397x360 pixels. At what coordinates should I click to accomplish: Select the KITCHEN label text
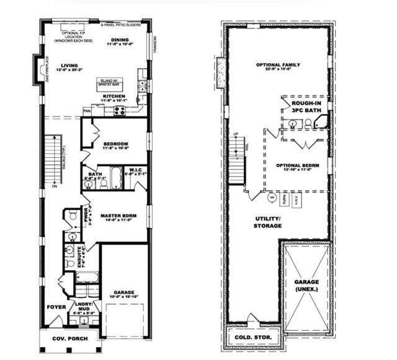click(x=115, y=97)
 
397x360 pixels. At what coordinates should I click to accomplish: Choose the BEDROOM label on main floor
click(x=116, y=144)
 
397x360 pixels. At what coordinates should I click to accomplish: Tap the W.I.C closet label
click(x=136, y=170)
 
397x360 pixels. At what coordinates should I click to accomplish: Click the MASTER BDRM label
click(x=118, y=216)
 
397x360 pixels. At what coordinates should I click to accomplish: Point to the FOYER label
click(x=56, y=307)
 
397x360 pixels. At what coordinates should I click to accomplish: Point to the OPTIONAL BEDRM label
click(x=298, y=166)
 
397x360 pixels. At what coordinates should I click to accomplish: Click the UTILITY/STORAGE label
click(x=268, y=222)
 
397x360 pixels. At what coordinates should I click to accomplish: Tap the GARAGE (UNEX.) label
click(x=306, y=286)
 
